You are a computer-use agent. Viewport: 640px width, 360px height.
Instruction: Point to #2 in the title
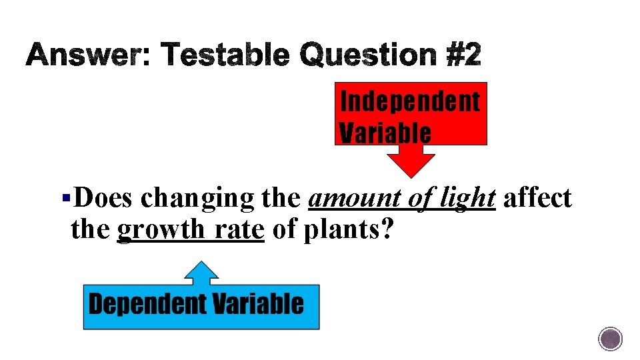click(x=463, y=56)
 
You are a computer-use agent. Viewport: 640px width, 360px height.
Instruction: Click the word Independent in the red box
click(x=410, y=102)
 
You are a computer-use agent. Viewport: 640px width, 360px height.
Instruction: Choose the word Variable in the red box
click(x=385, y=133)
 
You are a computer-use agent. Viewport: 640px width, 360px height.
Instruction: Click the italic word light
click(x=470, y=199)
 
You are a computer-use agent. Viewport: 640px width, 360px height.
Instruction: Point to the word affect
click(x=538, y=198)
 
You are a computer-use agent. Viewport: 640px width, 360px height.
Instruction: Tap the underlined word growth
click(x=160, y=231)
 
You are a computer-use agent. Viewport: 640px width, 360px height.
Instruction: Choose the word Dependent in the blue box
click(x=147, y=305)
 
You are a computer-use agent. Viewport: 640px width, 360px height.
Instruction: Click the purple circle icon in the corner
click(x=610, y=339)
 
